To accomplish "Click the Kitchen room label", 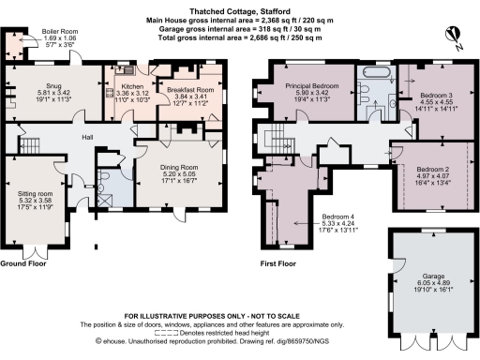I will point(125,80).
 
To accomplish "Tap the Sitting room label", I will point(37,194).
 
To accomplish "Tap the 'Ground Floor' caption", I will point(24,265).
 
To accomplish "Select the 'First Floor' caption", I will point(278,265).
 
